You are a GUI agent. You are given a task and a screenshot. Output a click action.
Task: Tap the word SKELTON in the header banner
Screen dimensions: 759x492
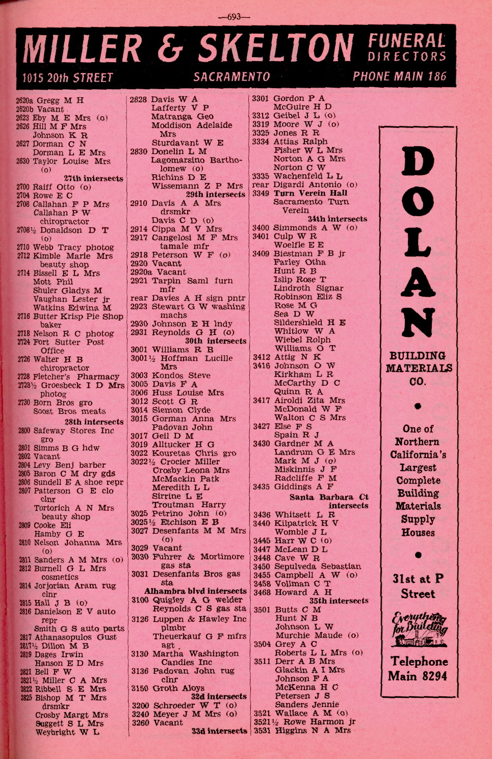pyautogui.click(x=275, y=48)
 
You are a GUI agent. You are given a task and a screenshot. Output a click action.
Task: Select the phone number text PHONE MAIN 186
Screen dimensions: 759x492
pyautogui.click(x=399, y=76)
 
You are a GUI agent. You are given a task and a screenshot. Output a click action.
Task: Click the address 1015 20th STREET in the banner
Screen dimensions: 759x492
pyautogui.click(x=67, y=77)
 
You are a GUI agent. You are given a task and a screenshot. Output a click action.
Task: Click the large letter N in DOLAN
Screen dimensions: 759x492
pyautogui.click(x=418, y=324)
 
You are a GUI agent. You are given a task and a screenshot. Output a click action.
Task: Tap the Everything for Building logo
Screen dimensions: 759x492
pyautogui.click(x=419, y=626)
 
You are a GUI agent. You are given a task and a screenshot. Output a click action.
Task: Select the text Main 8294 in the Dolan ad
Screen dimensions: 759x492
pyautogui.click(x=418, y=676)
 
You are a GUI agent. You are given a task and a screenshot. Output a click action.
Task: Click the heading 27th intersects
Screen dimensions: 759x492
pyautogui.click(x=93, y=178)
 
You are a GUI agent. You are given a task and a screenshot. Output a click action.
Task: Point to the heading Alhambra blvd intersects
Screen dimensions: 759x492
pyautogui.click(x=196, y=591)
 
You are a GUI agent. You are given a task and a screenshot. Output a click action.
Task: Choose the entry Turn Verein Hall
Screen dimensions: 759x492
pyautogui.click(x=310, y=193)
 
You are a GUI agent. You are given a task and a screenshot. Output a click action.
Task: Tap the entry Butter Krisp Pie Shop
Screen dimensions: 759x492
pyautogui.click(x=78, y=316)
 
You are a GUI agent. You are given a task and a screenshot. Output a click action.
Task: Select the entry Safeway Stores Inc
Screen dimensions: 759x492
pyautogui.click(x=73, y=431)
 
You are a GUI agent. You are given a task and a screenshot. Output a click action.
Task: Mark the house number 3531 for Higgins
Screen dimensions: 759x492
pyautogui.click(x=262, y=730)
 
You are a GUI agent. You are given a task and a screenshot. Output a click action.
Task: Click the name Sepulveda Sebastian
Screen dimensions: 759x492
pyautogui.click(x=317, y=566)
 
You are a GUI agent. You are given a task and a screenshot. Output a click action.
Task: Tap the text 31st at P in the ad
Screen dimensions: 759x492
pyautogui.click(x=418, y=579)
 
